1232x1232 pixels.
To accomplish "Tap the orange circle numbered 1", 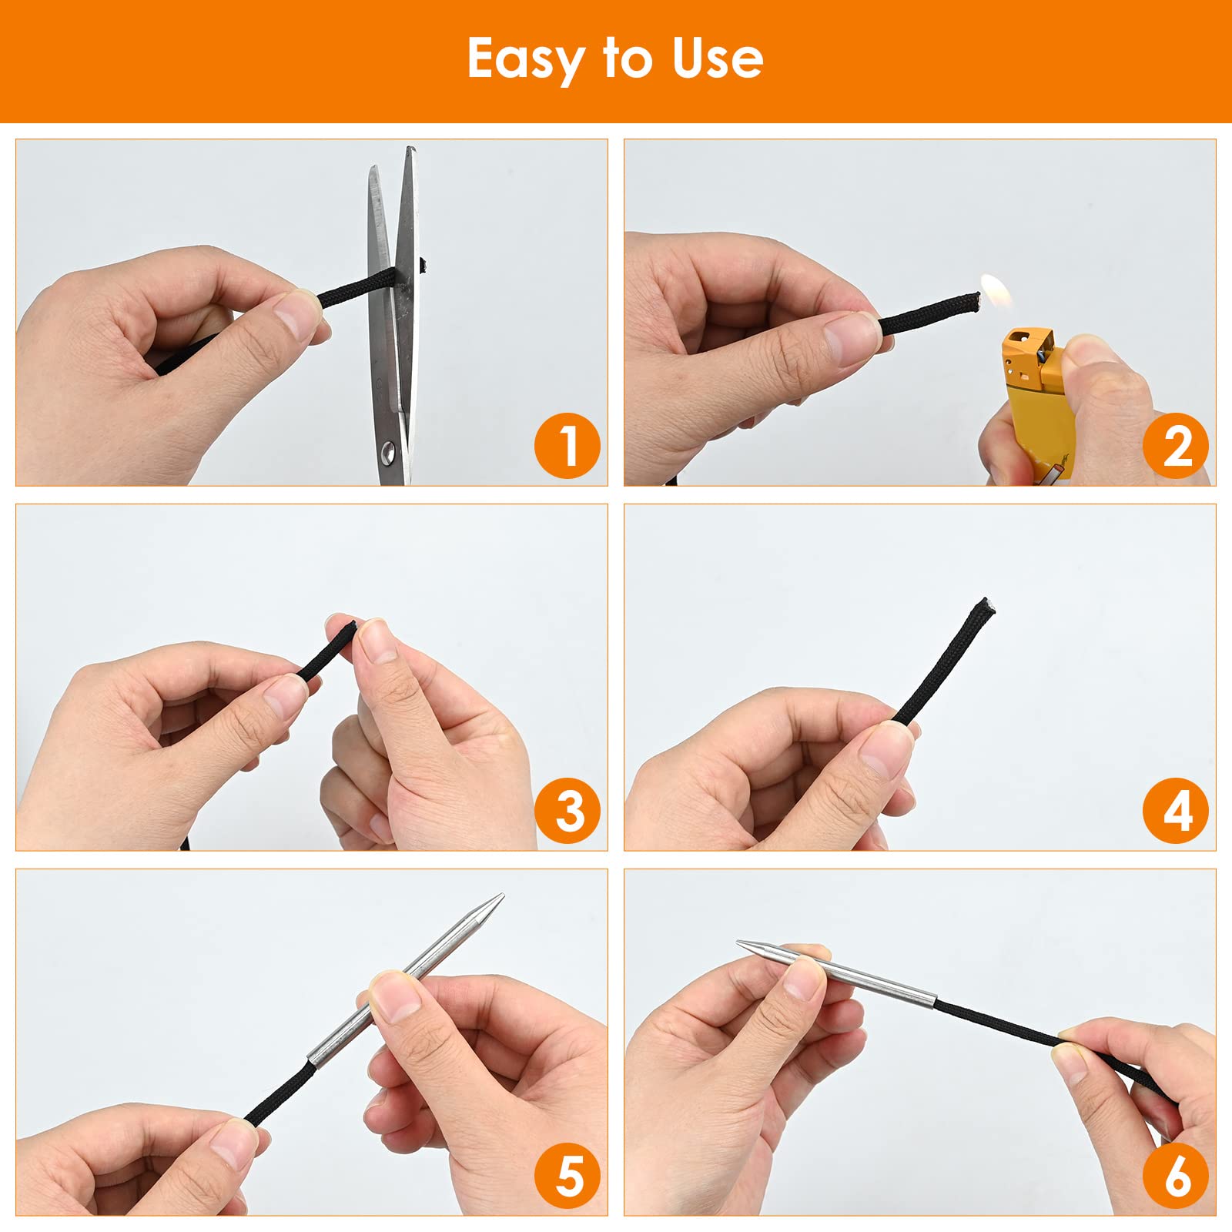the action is [x=567, y=446].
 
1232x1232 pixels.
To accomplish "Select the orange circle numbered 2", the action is [x=1176, y=446].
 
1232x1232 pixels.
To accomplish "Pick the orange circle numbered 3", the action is [x=567, y=811].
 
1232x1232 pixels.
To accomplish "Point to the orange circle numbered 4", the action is [x=1176, y=811].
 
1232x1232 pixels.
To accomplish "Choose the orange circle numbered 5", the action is [x=567, y=1176].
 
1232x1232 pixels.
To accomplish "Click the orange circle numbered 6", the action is [x=1176, y=1176].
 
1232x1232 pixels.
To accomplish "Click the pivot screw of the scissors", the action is [x=390, y=451].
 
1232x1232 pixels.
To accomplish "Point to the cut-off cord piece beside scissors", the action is [x=422, y=266].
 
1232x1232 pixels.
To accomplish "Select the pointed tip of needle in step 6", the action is [x=739, y=942].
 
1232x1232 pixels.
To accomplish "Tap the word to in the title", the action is [x=628, y=59].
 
